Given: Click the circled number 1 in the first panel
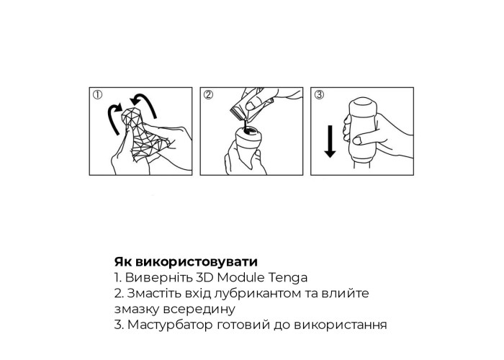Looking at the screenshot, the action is (x=97, y=94).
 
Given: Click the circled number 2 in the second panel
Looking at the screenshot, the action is (x=209, y=94).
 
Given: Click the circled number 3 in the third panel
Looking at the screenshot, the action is (x=319, y=94).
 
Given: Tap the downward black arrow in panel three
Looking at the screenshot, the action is (x=330, y=141).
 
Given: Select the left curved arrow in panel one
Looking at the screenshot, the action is (x=112, y=117).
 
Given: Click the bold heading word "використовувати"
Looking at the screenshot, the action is (x=197, y=262).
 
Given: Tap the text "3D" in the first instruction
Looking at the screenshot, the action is (x=204, y=277).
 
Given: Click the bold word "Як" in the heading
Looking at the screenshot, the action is (x=123, y=262).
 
